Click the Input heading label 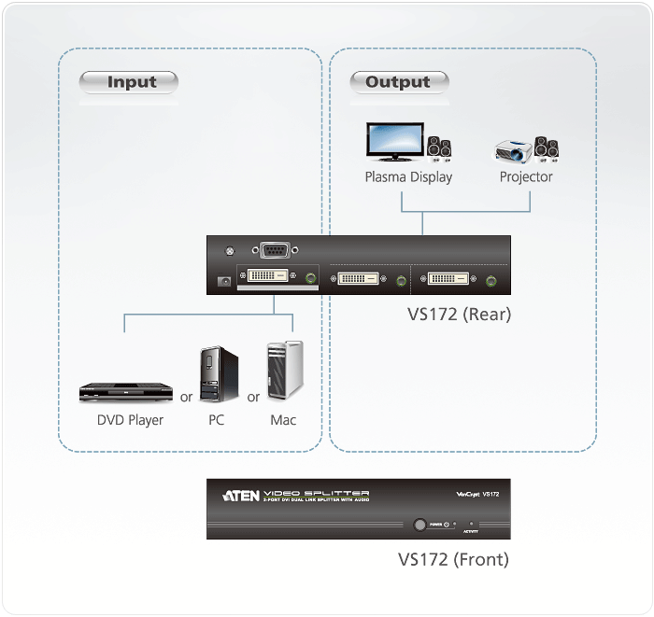click(132, 82)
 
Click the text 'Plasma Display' click(408, 177)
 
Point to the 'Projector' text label click(526, 177)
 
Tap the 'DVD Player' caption click(130, 420)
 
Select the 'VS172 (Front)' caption click(453, 560)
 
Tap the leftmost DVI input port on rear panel click(266, 278)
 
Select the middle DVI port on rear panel click(359, 278)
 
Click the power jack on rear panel click(223, 280)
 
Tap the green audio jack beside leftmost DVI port click(309, 278)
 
